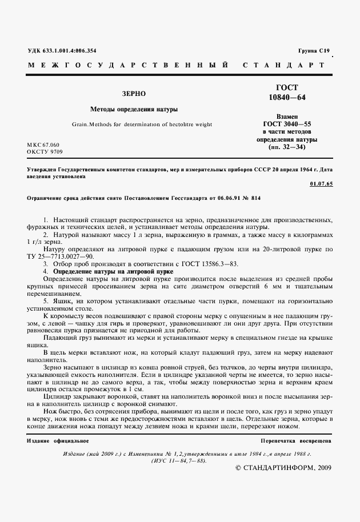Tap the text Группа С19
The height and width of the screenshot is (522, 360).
click(314, 51)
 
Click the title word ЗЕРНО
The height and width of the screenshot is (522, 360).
click(134, 93)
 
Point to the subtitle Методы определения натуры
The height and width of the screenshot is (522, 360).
click(134, 109)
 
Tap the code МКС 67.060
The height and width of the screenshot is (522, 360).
click(43, 145)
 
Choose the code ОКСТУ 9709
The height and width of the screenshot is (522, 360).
click(45, 152)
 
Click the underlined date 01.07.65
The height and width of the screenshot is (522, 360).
click(321, 184)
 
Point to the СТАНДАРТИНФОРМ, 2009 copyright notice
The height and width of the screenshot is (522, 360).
click(283, 468)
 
